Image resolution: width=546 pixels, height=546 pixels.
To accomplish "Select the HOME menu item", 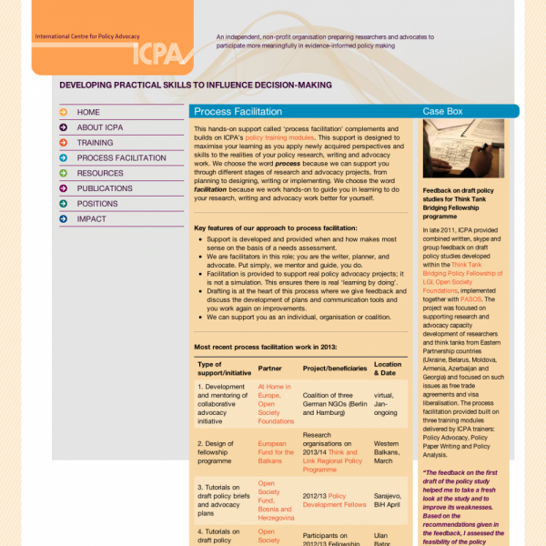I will coord(89,112).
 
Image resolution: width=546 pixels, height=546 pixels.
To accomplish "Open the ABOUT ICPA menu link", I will coord(102,127).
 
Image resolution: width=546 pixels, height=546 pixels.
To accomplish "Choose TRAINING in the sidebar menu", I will coord(95,143).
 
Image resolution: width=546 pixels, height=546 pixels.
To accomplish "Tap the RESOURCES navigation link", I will coord(100,173).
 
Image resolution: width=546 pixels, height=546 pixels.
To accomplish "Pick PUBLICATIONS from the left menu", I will coord(105,188).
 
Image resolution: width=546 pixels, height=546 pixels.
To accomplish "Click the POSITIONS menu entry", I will coord(97,204).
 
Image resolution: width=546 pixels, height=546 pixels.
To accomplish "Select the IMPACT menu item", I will coord(91,219).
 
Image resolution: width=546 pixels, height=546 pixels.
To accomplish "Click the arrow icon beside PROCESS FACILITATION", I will coord(64,158).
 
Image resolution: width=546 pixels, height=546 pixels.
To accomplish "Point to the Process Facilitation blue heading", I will coord(238,111).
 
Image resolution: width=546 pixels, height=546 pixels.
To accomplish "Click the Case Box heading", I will coord(443,111).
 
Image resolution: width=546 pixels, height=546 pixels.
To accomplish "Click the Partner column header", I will coord(270,369).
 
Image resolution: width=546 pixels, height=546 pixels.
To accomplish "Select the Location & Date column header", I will coord(388,369).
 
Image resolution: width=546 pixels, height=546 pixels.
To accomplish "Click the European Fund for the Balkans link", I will coord(276,452).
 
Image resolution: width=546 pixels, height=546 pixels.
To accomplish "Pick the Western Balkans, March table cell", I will coord(388,452).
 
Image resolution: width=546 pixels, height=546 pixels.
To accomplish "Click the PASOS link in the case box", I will coord(470,298).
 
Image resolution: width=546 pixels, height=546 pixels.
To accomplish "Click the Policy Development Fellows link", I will coord(335,500).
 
